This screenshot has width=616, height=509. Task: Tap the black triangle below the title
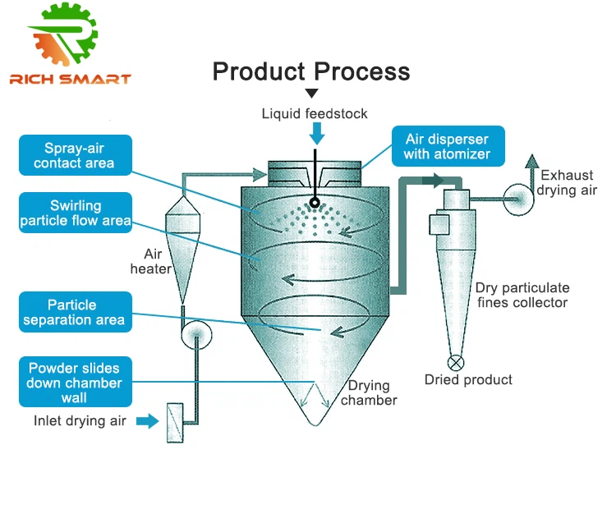(x=311, y=94)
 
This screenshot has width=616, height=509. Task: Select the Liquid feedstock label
(x=315, y=113)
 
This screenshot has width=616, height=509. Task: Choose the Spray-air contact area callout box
(x=74, y=156)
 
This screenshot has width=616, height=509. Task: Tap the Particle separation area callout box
(x=74, y=312)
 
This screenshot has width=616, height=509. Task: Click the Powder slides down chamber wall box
(x=74, y=383)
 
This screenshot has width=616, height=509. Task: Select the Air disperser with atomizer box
(x=447, y=146)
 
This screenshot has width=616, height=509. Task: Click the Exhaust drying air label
(x=567, y=183)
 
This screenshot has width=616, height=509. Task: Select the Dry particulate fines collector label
(x=522, y=296)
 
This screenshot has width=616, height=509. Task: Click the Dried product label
(x=468, y=379)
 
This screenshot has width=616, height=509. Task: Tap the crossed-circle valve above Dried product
(x=455, y=361)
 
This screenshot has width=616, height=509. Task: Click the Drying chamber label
(x=369, y=392)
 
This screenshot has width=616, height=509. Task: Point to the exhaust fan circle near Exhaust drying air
(x=519, y=199)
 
